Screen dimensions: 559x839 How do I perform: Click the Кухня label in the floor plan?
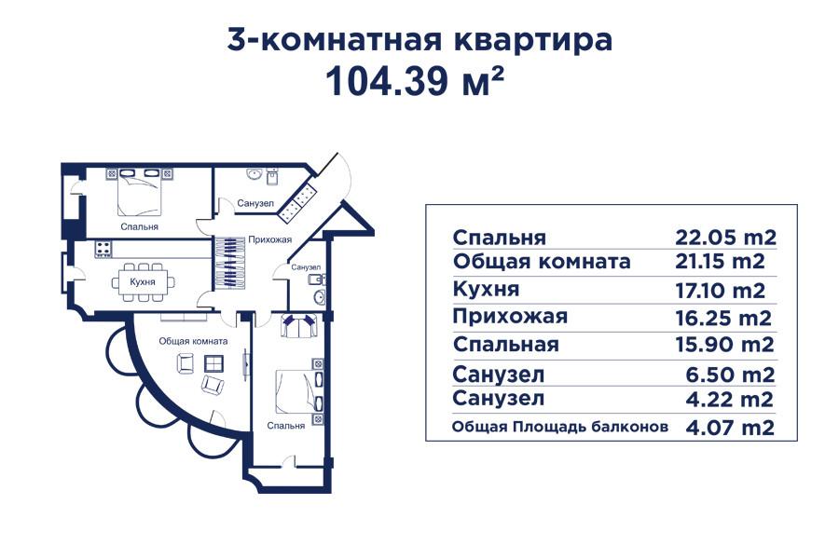142,280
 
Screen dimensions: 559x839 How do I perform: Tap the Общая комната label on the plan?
193,341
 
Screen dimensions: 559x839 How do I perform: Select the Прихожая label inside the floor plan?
270,239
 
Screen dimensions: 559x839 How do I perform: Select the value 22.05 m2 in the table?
725,237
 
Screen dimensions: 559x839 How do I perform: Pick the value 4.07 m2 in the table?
732,429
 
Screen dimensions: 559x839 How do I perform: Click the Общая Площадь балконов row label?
560,428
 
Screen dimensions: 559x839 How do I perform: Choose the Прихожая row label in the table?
509,317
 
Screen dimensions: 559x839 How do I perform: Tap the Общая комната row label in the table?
541,262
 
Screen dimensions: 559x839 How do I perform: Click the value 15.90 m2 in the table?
725,345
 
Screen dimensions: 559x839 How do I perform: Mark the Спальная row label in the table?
505,345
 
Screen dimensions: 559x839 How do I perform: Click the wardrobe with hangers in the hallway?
227,265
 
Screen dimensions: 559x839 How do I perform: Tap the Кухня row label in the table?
486,290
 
